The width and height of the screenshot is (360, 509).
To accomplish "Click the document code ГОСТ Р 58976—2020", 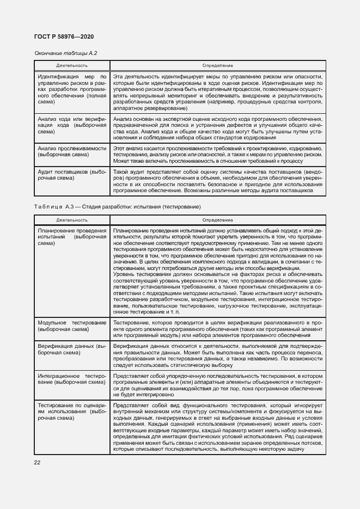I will (x=64, y=36).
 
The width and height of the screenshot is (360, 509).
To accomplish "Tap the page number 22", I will (x=38, y=462).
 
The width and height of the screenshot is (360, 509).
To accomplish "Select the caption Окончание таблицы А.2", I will (x=65, y=53).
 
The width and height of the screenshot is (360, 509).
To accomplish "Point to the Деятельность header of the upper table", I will (x=72, y=65).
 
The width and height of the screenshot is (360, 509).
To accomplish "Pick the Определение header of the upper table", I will (x=218, y=65).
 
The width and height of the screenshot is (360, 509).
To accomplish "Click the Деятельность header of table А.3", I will (x=72, y=220).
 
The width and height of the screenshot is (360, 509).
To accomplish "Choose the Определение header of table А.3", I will (x=218, y=220).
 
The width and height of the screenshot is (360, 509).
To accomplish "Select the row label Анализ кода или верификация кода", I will (x=72, y=125).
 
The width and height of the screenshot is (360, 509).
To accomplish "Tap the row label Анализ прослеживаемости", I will (x=72, y=151).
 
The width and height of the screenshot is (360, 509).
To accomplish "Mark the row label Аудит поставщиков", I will (x=72, y=174).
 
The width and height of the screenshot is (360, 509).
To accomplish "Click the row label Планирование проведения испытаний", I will (x=72, y=237).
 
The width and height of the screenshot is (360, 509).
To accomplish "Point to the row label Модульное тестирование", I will (x=72, y=326).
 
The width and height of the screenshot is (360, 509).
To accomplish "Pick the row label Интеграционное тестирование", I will (x=72, y=379).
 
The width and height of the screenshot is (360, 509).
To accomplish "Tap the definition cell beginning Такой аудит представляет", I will (x=218, y=181).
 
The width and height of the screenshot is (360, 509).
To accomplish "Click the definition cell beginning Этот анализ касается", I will (x=218, y=155).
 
